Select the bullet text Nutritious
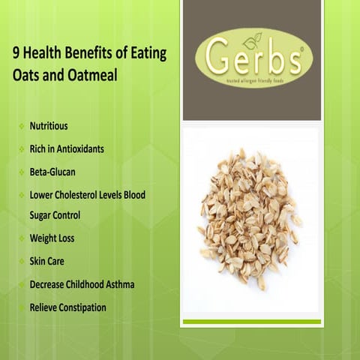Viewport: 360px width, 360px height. (x=49, y=126)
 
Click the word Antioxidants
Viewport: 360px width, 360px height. (x=79, y=148)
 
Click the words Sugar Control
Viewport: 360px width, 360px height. (x=55, y=215)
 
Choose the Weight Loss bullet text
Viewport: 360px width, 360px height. (x=52, y=238)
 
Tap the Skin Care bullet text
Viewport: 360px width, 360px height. (x=47, y=261)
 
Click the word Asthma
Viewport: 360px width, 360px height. (x=118, y=284)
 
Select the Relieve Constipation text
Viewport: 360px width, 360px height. (x=67, y=307)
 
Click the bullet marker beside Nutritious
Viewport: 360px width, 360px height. (x=21, y=127)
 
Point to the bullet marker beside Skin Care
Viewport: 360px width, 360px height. (x=21, y=262)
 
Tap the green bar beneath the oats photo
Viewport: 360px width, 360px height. (x=251, y=322)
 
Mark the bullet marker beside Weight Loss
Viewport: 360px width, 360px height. (x=21, y=239)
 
